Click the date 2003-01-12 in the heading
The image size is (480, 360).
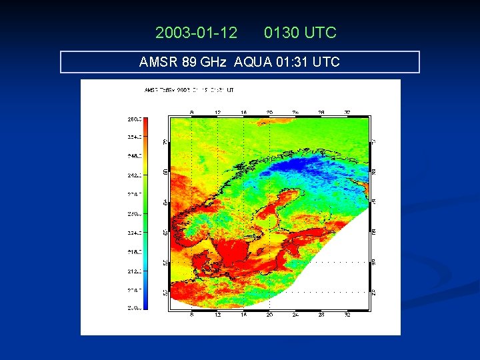(196, 32)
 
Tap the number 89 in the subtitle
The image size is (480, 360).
(189, 62)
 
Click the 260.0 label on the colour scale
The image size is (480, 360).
(133, 119)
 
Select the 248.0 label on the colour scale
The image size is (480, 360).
(133, 156)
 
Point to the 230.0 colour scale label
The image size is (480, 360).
(133, 214)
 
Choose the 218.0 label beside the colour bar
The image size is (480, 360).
(133, 252)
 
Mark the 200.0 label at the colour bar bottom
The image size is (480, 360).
(133, 307)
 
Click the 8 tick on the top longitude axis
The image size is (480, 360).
(192, 113)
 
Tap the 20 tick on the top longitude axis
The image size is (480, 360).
(269, 113)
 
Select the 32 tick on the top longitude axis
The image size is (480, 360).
(347, 113)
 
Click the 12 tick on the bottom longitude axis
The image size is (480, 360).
(218, 315)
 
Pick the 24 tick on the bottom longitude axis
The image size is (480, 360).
(295, 315)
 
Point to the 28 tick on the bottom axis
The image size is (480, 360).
(321, 315)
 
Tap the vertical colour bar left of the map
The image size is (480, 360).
(146, 213)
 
